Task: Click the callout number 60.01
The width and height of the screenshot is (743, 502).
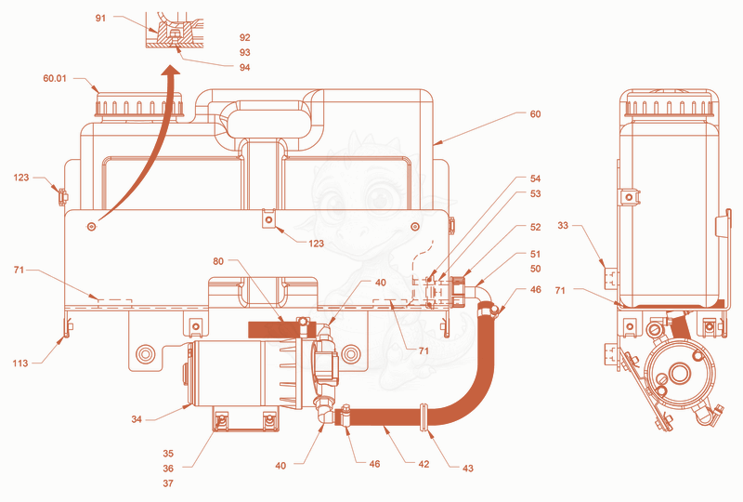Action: pos(55,78)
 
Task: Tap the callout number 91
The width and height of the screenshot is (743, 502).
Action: pos(100,18)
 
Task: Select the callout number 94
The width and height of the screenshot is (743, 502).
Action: pos(244,67)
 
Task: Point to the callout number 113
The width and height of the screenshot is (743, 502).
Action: pos(20,363)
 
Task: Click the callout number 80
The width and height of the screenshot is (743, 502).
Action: pos(218,261)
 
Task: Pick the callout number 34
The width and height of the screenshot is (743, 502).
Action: pos(137,419)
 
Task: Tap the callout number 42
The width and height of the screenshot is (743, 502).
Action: pos(424,464)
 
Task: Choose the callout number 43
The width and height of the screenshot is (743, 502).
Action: pos(468,469)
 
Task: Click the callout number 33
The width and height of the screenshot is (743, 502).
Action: pos(563,225)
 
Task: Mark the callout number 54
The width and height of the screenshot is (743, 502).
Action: pos(535,178)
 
